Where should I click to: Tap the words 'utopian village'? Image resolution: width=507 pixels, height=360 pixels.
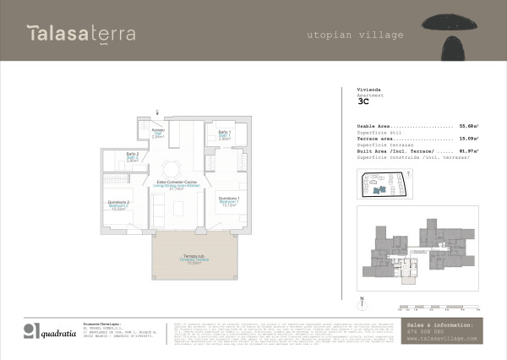coord(355,35)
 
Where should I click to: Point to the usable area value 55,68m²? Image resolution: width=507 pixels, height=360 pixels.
coord(469,125)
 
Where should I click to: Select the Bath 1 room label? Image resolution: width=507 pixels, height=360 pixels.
coord(224,134)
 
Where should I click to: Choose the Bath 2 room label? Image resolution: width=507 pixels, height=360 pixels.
coord(132,156)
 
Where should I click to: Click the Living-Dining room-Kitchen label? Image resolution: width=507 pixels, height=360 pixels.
coord(177,185)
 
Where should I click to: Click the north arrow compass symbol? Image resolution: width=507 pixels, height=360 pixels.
coord(361,302)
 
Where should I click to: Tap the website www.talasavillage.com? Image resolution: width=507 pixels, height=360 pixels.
coord(442,338)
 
